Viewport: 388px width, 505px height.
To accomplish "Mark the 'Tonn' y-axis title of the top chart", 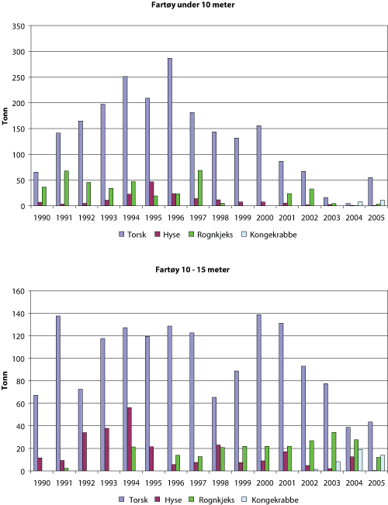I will pos(6,116).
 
